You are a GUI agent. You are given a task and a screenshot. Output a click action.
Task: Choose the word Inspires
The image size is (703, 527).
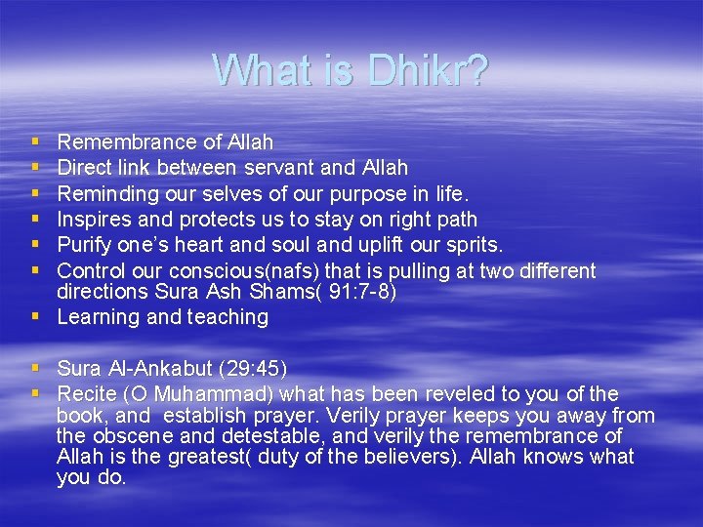(x=93, y=219)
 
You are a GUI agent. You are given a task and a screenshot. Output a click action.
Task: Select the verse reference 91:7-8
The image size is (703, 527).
(x=364, y=292)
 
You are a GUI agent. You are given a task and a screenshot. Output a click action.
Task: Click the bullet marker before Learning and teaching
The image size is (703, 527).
(x=35, y=317)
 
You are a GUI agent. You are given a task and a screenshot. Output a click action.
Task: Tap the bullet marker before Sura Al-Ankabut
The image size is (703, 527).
(x=35, y=368)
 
